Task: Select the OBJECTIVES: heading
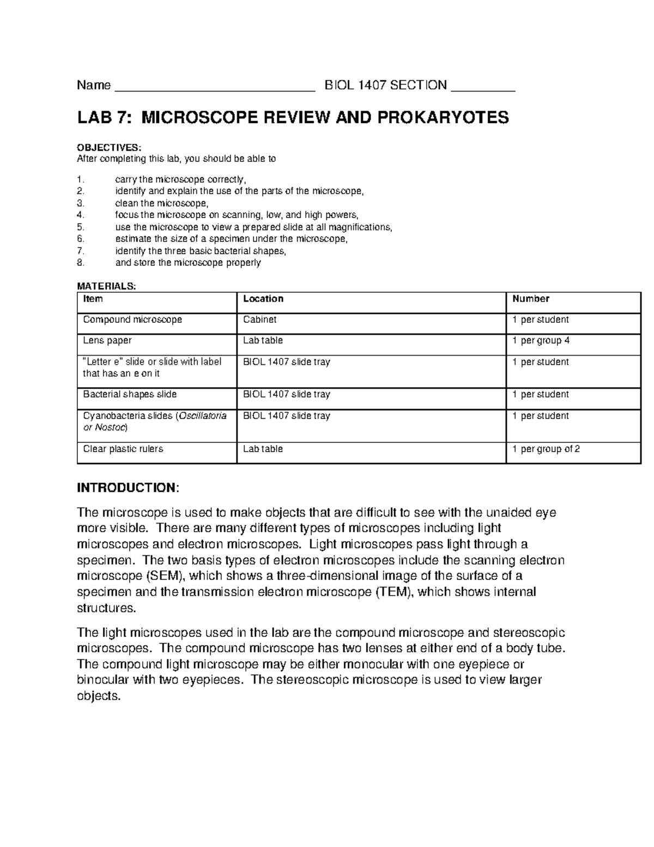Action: (108, 147)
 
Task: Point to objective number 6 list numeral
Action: (81, 239)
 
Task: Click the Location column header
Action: (263, 299)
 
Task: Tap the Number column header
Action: (530, 299)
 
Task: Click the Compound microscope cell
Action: (132, 320)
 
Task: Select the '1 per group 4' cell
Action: (541, 341)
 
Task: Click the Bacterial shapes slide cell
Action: (130, 394)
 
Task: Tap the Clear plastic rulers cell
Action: (123, 449)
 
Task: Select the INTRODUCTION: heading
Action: (128, 488)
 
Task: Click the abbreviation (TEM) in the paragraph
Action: (394, 592)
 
